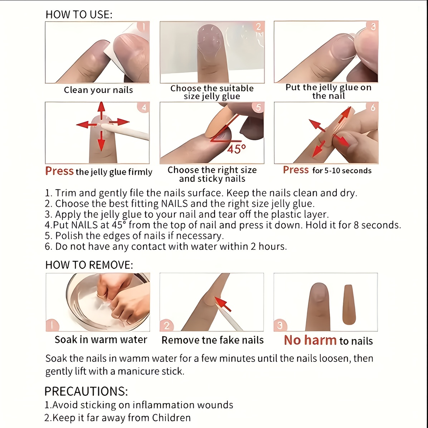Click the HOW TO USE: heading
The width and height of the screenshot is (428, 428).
[x=79, y=15]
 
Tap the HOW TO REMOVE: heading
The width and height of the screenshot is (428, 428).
[x=89, y=265]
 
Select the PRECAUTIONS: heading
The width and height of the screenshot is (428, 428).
[x=86, y=391]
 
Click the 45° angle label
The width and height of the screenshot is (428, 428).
[x=237, y=149]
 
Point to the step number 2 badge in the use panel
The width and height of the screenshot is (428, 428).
[x=258, y=27]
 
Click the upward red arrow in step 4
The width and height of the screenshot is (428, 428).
[x=102, y=111]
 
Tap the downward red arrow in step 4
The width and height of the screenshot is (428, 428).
[x=101, y=141]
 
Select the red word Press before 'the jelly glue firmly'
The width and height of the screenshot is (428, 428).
[x=59, y=171]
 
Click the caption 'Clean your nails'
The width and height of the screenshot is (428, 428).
[x=98, y=90]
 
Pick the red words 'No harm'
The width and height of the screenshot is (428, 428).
[x=310, y=340]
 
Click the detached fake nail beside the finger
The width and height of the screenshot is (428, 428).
[x=349, y=305]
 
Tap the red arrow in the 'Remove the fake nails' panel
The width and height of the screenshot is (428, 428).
[x=223, y=304]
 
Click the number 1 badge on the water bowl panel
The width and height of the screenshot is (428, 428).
[x=52, y=325]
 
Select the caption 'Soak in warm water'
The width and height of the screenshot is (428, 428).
[x=101, y=340]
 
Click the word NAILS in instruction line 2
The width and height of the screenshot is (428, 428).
[x=175, y=204]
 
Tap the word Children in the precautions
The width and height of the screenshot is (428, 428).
[x=171, y=418]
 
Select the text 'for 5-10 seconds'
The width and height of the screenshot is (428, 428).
[x=342, y=171]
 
